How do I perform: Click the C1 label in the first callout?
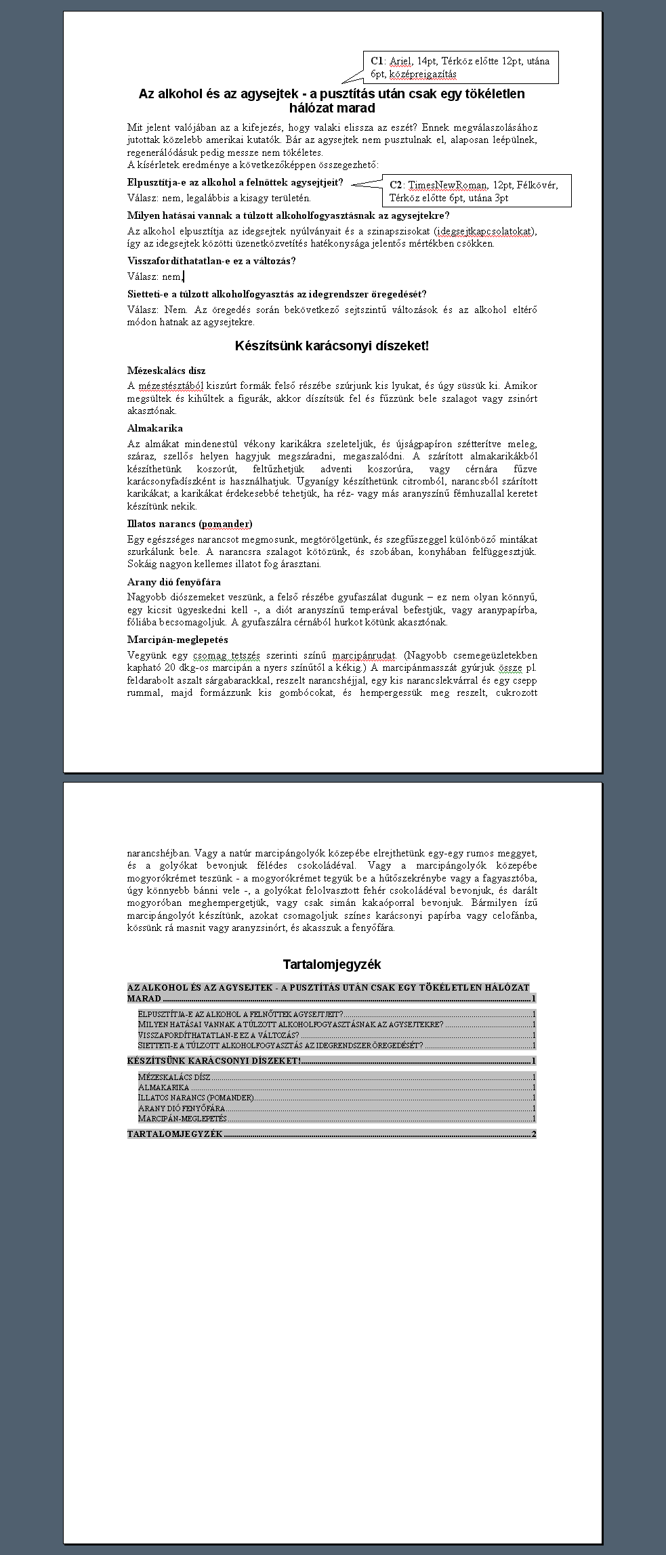(x=377, y=61)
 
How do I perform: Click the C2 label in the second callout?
(x=396, y=185)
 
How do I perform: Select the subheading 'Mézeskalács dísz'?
(x=166, y=371)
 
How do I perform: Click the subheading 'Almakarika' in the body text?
(x=155, y=428)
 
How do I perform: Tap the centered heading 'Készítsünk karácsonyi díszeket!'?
(x=332, y=346)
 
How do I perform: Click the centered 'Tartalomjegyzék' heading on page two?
(x=332, y=964)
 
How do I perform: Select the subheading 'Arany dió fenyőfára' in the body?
(x=174, y=582)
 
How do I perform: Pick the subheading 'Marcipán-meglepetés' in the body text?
(x=178, y=640)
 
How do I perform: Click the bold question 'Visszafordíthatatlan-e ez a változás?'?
(x=211, y=261)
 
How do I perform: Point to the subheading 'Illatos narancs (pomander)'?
(x=190, y=524)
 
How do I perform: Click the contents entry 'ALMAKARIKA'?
(x=164, y=1087)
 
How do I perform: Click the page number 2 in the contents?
(x=534, y=1134)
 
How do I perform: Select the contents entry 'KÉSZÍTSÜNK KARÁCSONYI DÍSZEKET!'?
(x=214, y=1061)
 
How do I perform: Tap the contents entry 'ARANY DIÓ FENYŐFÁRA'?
(x=182, y=1108)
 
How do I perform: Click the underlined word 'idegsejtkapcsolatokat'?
(x=484, y=232)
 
